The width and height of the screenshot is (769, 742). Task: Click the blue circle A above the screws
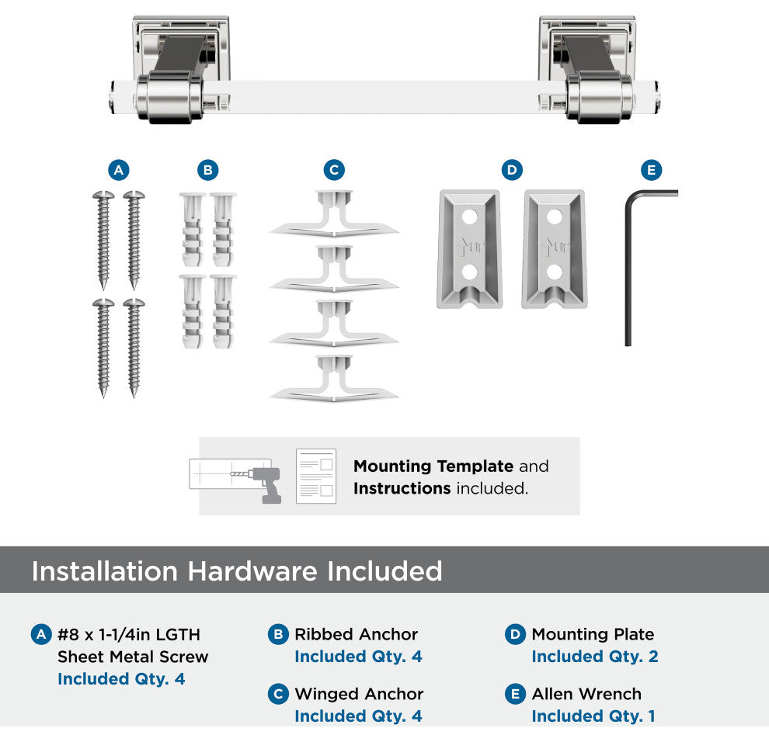tap(118, 170)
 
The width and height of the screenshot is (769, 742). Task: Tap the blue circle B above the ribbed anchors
tap(207, 170)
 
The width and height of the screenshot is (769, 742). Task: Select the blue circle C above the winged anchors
tap(334, 170)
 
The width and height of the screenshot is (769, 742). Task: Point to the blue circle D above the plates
tap(511, 170)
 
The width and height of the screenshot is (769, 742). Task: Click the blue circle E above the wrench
tap(651, 170)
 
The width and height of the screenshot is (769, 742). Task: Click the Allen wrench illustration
tap(630, 264)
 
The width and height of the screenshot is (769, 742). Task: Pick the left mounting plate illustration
tap(468, 248)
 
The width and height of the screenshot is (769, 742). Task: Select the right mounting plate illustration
tap(553, 248)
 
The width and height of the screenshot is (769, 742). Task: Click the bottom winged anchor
tap(334, 380)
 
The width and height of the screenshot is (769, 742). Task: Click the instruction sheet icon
tap(316, 476)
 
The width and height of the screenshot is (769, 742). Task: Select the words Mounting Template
tap(433, 466)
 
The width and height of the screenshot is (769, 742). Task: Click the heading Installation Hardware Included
tap(237, 571)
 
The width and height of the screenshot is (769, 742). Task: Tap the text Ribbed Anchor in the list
tap(356, 634)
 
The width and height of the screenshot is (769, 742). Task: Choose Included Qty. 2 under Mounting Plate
tap(594, 657)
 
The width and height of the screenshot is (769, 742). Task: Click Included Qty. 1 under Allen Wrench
tap(593, 716)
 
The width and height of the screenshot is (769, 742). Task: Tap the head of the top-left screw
tap(103, 195)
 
